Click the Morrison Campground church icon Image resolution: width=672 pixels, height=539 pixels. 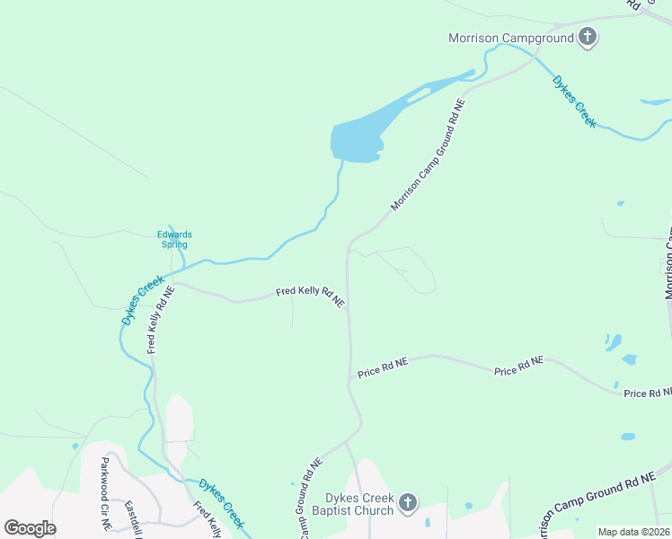point(588,37)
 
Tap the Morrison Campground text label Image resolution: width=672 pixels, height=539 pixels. point(510,38)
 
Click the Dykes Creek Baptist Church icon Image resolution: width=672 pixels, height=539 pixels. point(407,502)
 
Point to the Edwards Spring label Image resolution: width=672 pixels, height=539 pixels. point(175,239)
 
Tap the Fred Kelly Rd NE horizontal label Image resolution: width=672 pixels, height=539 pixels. point(310,296)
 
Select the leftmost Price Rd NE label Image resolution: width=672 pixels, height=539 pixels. point(383,367)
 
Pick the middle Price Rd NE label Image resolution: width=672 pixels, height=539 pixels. point(518,366)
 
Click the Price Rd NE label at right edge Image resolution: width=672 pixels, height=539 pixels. point(648,393)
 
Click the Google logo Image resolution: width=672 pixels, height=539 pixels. point(30,528)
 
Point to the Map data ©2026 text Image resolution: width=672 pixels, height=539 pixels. point(633,532)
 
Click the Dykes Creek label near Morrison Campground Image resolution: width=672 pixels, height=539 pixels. point(574,101)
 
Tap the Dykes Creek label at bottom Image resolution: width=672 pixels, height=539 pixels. point(222,502)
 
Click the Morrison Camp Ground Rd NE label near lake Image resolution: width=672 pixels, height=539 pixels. point(429,156)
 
